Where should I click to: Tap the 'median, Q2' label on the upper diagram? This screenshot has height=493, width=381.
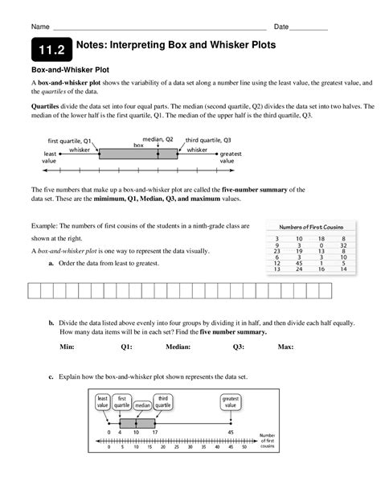tap(158, 138)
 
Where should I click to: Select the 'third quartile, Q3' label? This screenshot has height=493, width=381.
tap(208, 139)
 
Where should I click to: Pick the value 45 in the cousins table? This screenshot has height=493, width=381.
tap(297, 262)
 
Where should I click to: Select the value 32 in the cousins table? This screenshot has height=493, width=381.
tap(343, 244)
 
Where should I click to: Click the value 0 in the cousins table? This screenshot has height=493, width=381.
tap(321, 244)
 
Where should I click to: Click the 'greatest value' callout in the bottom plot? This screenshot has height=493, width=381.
tap(231, 401)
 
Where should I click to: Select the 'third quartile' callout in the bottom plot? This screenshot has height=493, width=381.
tap(164, 401)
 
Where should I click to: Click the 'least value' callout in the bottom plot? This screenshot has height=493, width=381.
tap(104, 401)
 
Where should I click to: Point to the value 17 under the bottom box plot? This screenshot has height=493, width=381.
tap(155, 433)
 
